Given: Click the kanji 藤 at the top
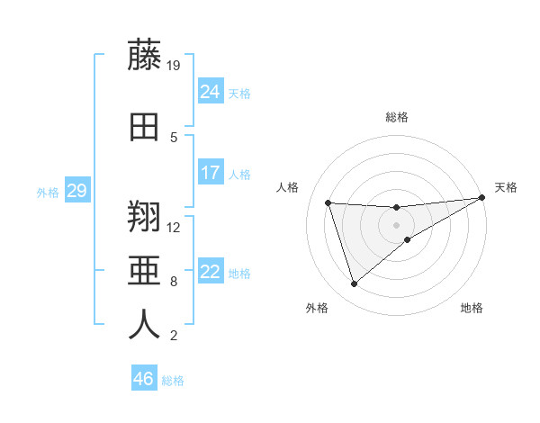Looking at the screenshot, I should tap(144, 56).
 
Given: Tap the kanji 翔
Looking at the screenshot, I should tap(144, 218).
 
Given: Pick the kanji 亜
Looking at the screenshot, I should tap(144, 271).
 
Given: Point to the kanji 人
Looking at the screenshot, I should tap(144, 325).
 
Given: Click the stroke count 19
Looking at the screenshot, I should tap(175, 65).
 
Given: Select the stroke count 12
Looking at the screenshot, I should tap(175, 227).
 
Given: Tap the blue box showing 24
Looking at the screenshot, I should tap(211, 92).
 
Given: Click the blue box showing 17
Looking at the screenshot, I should tap(211, 173).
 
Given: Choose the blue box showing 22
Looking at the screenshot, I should tap(211, 272).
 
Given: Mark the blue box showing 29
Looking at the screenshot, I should tap(76, 191).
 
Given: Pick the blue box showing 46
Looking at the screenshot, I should tap(144, 379).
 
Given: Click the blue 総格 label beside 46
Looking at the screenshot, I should tap(173, 381).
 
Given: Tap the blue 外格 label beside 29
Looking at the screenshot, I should tap(48, 192).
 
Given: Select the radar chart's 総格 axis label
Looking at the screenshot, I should tap(397, 117).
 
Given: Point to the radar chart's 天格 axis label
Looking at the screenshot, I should tap(506, 187).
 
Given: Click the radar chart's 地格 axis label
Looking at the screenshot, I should tap(472, 308).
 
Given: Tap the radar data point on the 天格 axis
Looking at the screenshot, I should tap(481, 198).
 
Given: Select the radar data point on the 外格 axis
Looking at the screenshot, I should tap(354, 284).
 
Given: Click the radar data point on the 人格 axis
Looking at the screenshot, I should tap(328, 202).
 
